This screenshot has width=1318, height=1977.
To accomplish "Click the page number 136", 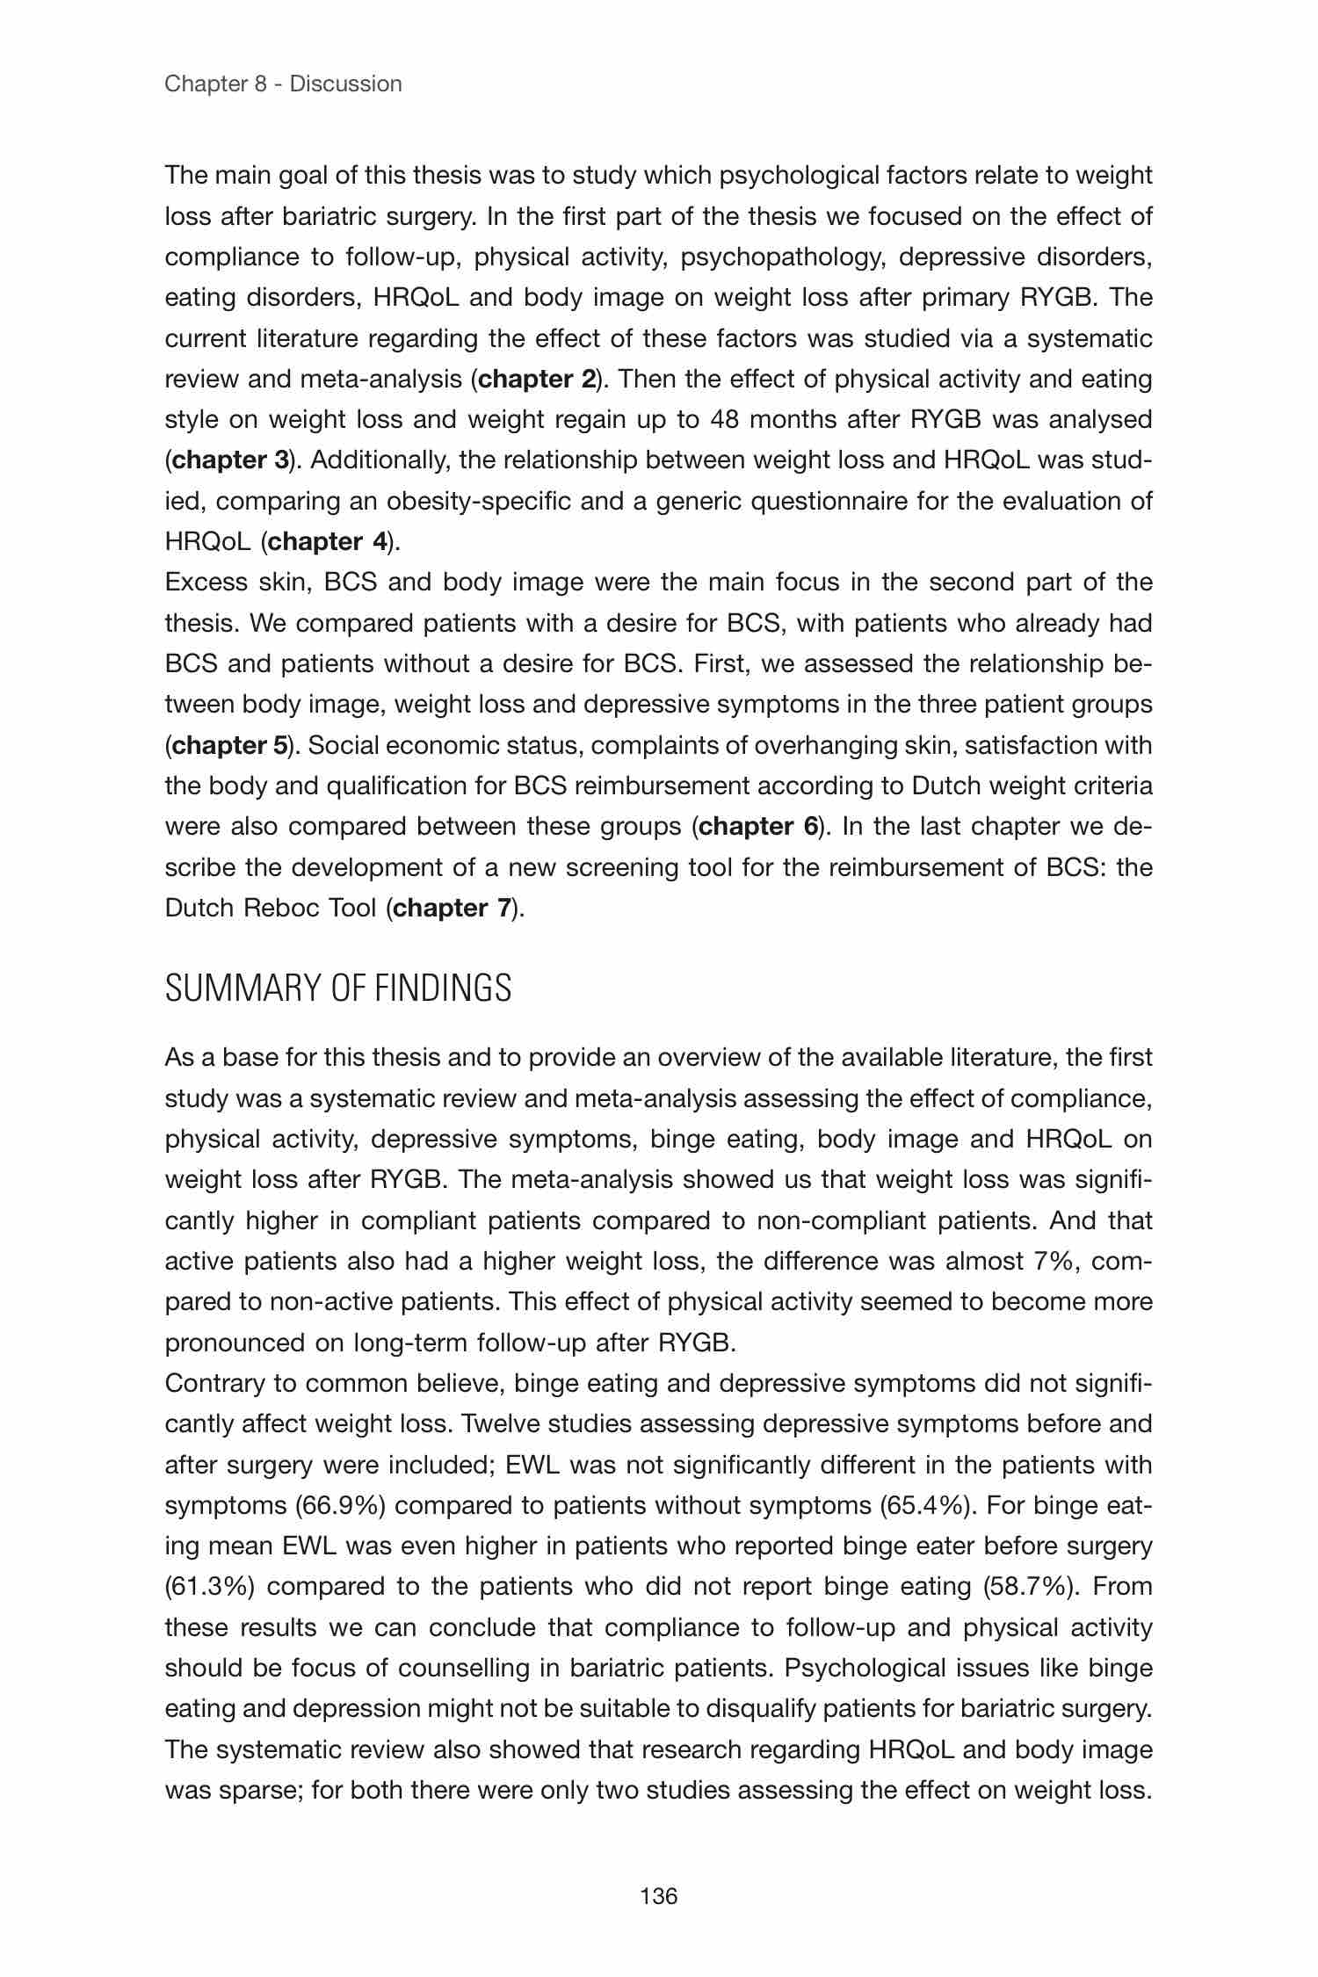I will click(659, 1897).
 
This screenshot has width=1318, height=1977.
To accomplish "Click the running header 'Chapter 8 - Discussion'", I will click(283, 84).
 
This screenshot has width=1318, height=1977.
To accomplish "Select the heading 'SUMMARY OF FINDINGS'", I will click(337, 989).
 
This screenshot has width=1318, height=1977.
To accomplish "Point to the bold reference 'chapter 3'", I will click(230, 460).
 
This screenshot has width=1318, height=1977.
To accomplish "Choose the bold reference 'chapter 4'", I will click(328, 541).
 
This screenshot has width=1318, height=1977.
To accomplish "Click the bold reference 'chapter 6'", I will click(759, 827).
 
